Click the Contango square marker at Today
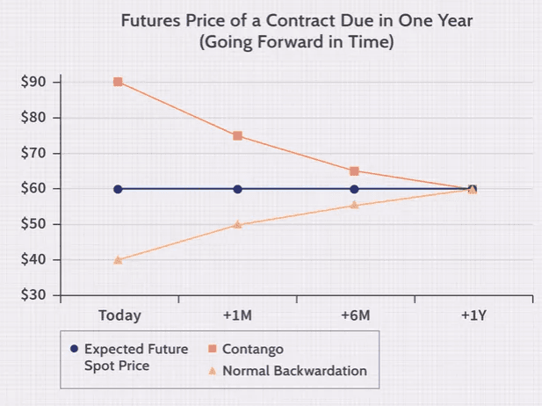click(x=119, y=82)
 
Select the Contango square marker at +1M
click(x=237, y=136)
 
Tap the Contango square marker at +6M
click(x=354, y=171)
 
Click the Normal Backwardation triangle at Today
click(x=119, y=259)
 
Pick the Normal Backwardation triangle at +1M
click(x=237, y=224)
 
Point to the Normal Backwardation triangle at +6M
click(x=354, y=205)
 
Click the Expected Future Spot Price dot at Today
click(x=119, y=189)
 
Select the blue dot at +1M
click(x=237, y=189)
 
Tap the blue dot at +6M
click(x=354, y=189)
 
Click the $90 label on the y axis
click(x=35, y=82)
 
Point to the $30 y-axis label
click(x=35, y=295)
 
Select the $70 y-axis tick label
click(x=35, y=153)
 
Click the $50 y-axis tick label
click(x=35, y=224)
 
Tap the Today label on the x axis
click(x=119, y=315)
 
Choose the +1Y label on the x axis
click(x=473, y=315)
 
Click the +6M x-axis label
click(x=355, y=315)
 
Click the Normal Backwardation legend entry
click(x=293, y=371)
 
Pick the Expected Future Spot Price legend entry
click(x=135, y=356)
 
